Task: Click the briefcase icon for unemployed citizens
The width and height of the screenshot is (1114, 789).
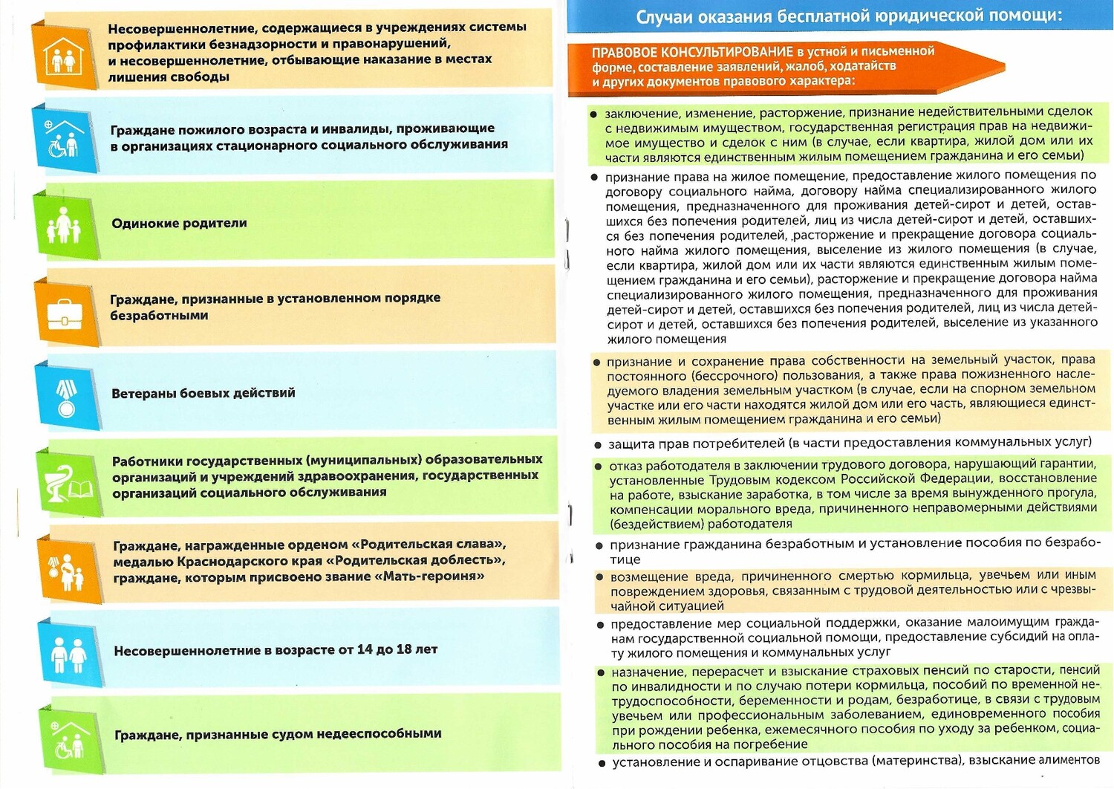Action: coord(66,313)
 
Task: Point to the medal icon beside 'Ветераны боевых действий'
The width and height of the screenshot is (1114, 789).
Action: coord(67,397)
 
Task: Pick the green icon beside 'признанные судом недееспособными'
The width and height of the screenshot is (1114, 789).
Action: coord(71,738)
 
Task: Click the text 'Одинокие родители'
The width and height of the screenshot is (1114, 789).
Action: coord(179,223)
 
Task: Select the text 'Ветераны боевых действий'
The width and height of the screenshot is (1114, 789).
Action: coord(203,393)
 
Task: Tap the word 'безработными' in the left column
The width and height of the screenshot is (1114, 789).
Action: coord(159,316)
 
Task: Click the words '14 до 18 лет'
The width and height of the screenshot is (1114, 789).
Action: coord(397,649)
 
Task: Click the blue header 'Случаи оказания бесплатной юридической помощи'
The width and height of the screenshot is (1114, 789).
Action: coord(849,16)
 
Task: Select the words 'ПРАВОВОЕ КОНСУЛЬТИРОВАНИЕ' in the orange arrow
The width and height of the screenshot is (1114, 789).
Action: coord(692,52)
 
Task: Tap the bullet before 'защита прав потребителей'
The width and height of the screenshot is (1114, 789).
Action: coord(598,445)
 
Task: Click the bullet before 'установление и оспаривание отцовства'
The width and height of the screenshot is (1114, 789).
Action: coord(602,763)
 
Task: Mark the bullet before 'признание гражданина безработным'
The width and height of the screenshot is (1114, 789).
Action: coord(599,545)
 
